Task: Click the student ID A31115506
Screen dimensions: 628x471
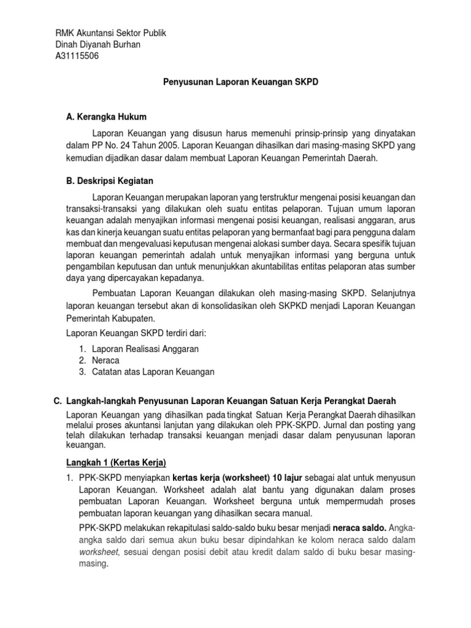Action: click(x=77, y=56)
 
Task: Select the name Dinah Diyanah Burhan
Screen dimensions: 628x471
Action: click(x=98, y=45)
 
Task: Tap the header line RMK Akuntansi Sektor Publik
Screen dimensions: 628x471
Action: click(x=110, y=33)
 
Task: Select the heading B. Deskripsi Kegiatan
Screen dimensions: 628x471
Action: click(x=110, y=181)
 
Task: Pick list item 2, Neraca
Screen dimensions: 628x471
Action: click(x=105, y=360)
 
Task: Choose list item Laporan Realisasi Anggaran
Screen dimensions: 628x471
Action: click(x=145, y=348)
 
